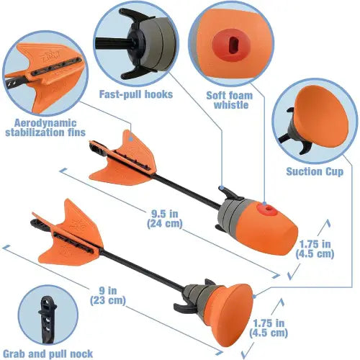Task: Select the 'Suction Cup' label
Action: pos(314,172)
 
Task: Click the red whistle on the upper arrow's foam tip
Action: pos(267,209)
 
